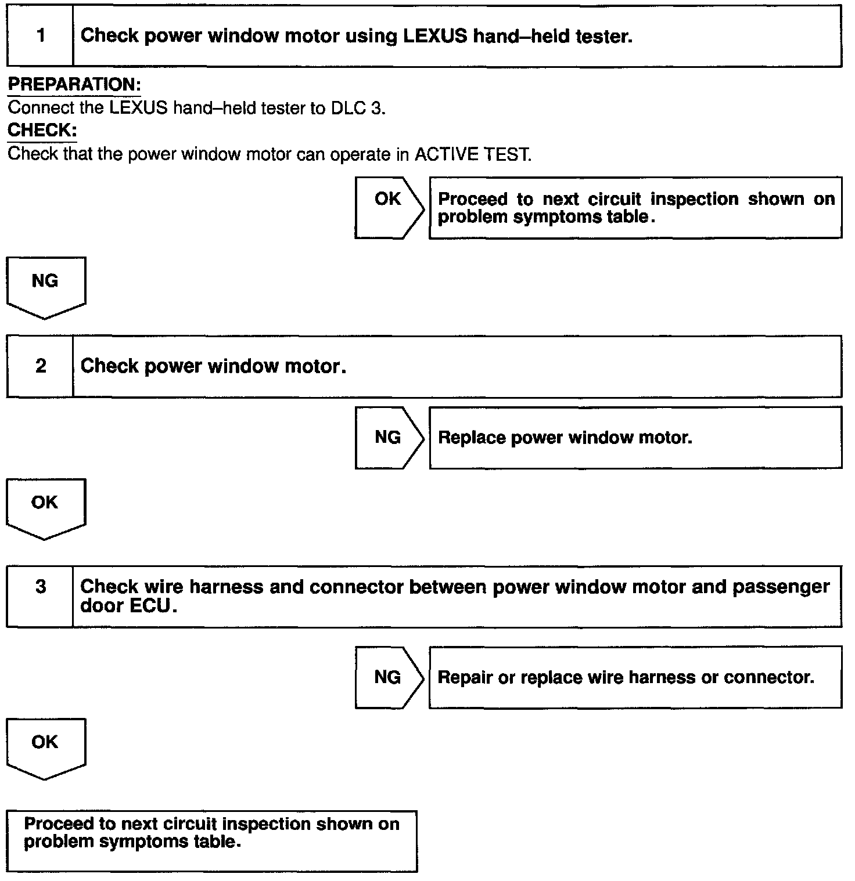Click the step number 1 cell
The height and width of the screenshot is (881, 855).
click(x=40, y=36)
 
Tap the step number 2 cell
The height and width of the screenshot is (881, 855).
click(x=40, y=366)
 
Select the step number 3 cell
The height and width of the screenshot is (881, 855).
click(x=40, y=587)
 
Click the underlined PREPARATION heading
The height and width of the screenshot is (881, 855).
click(x=74, y=85)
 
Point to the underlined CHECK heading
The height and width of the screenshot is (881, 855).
click(x=42, y=131)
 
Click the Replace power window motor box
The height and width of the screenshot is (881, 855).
click(x=635, y=437)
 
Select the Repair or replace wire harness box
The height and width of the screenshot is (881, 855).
click(x=635, y=677)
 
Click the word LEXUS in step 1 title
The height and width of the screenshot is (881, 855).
click(x=434, y=36)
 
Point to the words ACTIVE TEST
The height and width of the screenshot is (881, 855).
click(x=472, y=154)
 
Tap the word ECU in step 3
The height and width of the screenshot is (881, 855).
click(x=150, y=606)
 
